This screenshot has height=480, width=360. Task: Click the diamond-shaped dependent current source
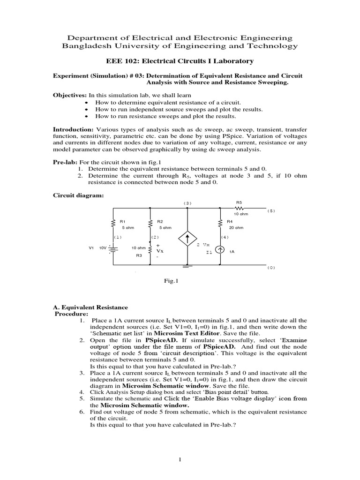187,240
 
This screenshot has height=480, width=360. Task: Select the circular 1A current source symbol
221,251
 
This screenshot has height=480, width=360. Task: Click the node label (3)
187,203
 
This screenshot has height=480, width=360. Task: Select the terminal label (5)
271,210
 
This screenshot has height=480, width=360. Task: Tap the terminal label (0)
271,268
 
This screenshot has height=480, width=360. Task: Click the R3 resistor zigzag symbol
150,248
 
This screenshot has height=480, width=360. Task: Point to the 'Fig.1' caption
168,282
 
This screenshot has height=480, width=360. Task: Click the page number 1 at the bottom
180,460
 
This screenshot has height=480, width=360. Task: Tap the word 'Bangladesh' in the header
87,46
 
